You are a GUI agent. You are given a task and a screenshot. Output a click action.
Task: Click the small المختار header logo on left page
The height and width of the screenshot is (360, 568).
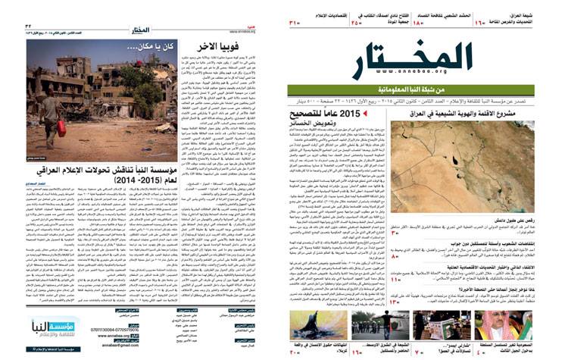(x=145, y=30)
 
